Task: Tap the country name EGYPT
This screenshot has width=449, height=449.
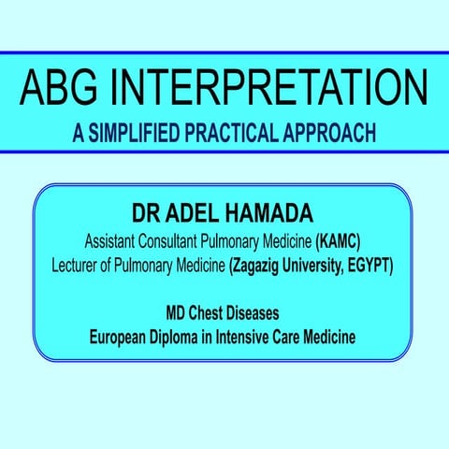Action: tap(375, 265)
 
